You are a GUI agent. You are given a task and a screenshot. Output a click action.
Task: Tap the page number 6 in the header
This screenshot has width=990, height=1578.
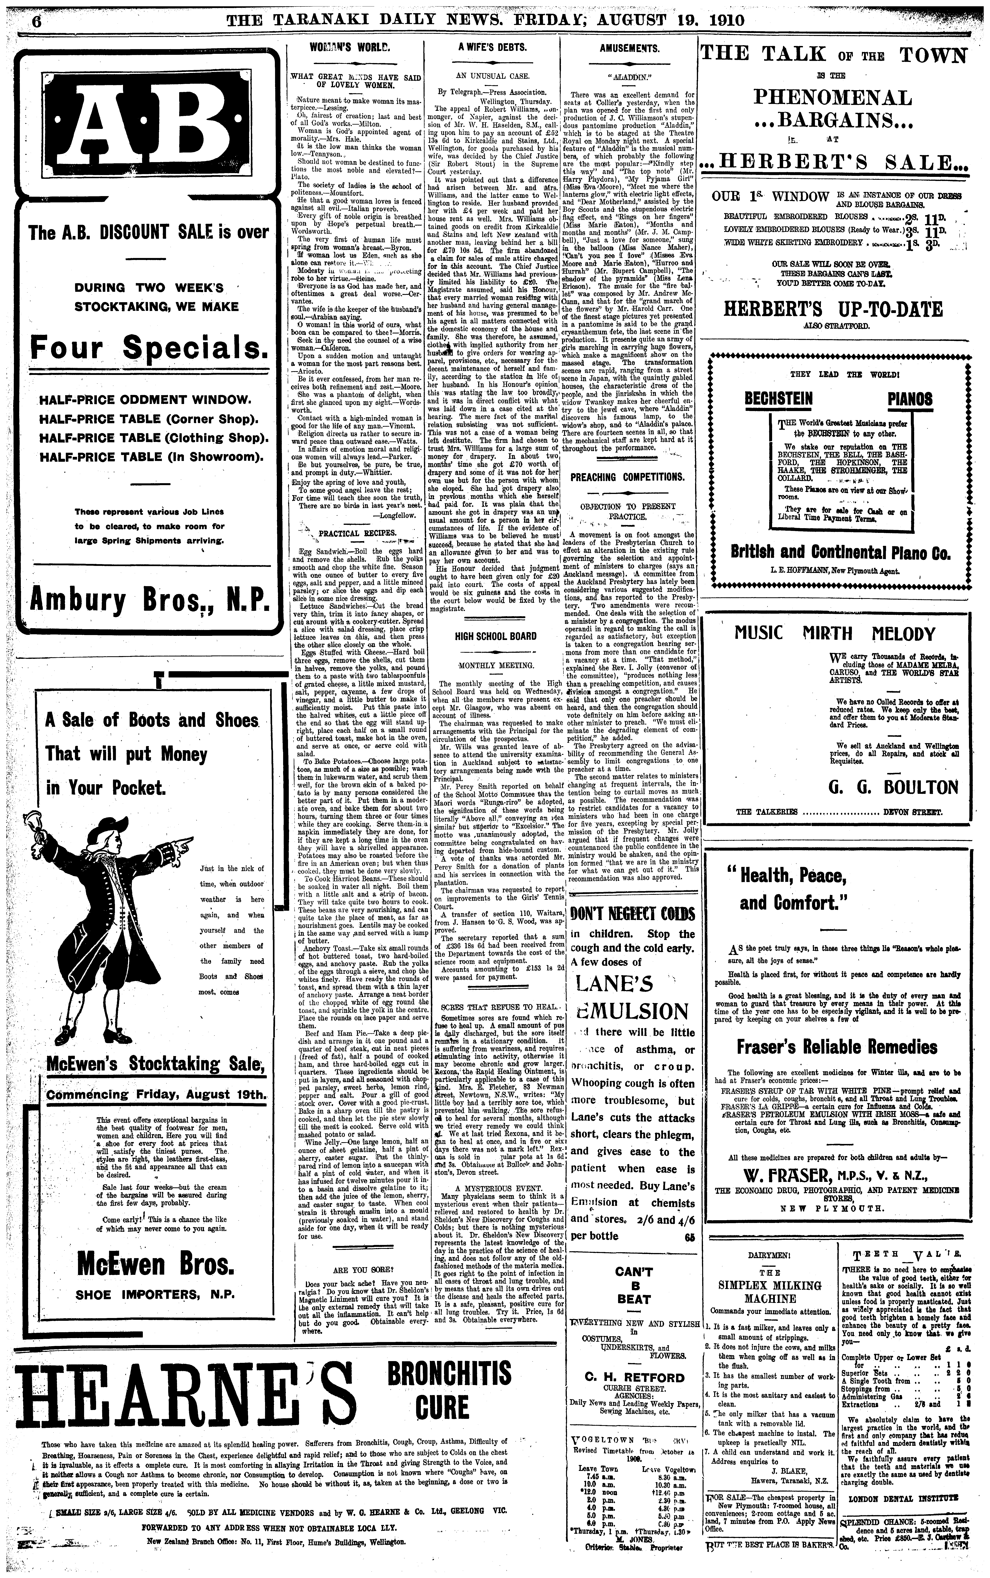(36, 20)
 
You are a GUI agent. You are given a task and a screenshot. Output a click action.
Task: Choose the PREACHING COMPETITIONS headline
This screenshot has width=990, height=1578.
(627, 477)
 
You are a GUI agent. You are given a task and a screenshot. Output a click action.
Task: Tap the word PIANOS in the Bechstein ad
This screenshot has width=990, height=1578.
(910, 399)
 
